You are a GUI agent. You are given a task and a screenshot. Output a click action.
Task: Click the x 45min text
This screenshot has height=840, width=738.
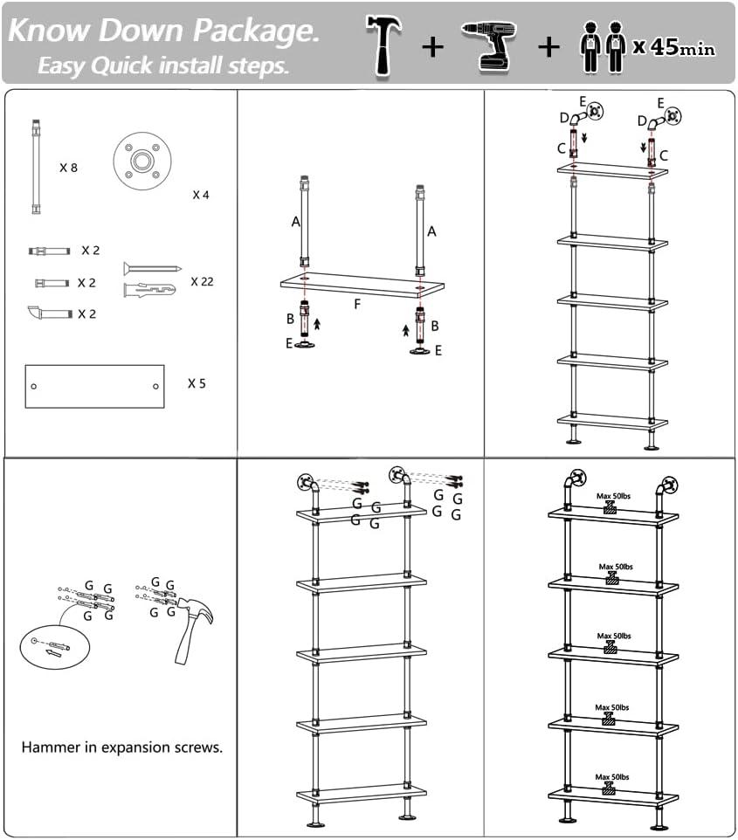[x=674, y=47]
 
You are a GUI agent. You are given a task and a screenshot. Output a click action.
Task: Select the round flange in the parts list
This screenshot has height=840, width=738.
[x=141, y=162]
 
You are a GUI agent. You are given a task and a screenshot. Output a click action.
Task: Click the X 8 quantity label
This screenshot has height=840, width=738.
[x=68, y=167]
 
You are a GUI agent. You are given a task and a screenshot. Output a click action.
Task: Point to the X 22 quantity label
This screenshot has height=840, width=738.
[x=202, y=281]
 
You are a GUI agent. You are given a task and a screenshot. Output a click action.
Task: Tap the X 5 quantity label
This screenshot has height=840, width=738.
[x=197, y=382]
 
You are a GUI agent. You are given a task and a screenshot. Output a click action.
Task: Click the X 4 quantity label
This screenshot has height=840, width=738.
[x=201, y=195]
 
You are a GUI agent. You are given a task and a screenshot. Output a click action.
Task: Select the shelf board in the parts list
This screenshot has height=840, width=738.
[x=94, y=386]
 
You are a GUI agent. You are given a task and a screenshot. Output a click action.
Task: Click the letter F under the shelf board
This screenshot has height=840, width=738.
[x=356, y=304]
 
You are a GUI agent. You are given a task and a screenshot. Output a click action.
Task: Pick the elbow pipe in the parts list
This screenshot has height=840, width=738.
[x=49, y=313]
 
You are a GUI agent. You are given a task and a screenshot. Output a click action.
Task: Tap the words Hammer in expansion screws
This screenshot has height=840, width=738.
[x=122, y=747]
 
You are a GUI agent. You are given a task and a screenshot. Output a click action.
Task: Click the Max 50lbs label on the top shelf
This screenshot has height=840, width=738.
[x=613, y=496]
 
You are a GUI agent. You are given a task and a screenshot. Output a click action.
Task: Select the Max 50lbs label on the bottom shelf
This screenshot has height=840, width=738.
[x=613, y=777]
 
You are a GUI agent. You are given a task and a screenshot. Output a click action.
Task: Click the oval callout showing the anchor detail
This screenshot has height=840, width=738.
[x=55, y=645]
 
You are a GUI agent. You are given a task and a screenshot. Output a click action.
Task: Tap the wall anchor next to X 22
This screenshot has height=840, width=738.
[x=150, y=288]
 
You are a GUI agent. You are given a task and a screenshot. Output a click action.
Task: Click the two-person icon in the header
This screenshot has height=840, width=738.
[x=604, y=48]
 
